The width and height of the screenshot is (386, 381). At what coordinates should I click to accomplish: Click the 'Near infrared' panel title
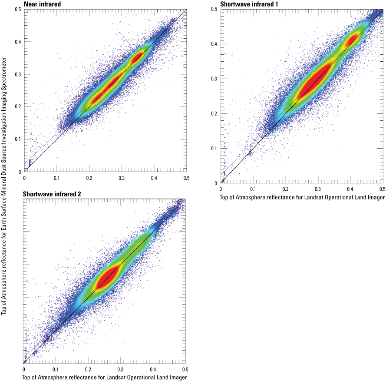[x=42, y=4]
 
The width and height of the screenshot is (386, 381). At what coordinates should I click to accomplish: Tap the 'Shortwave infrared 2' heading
[x=48, y=194]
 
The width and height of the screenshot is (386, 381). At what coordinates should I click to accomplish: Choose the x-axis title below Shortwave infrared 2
[x=105, y=377]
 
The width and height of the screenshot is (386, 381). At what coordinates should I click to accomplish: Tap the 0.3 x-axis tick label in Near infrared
[x=122, y=178]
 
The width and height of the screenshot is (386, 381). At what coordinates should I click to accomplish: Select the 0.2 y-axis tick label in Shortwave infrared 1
[x=214, y=114]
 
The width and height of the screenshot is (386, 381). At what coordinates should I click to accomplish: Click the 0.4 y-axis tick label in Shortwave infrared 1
[x=214, y=44]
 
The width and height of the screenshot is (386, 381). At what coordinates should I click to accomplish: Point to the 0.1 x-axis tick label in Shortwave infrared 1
[x=253, y=189]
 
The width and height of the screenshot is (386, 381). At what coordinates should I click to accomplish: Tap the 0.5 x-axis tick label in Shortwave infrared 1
[x=382, y=189]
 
